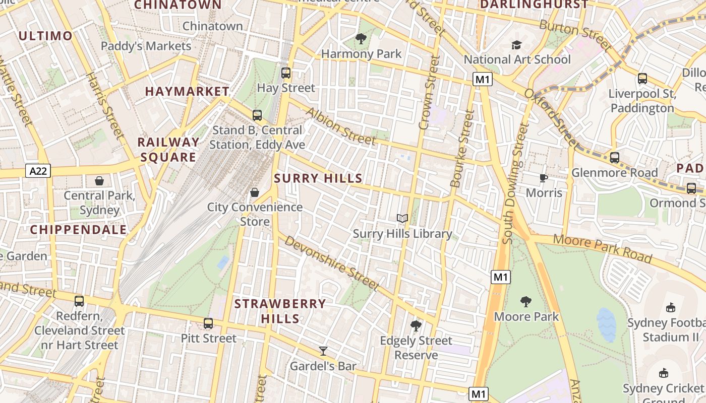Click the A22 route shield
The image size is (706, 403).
coord(38,171)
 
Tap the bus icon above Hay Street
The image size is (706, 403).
coord(286,73)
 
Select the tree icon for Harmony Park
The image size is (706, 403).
coord(361,39)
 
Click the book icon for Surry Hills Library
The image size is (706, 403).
coord(402,218)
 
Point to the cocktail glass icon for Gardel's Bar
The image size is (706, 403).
coord(323,351)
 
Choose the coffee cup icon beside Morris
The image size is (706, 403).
coord(543,178)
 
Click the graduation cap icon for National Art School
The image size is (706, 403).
coord(516,45)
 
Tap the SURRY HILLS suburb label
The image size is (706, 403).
coord(318,178)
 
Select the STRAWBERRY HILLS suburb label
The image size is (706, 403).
coord(280,311)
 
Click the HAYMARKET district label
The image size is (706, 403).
coord(187,91)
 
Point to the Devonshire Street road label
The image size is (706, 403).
coord(331,262)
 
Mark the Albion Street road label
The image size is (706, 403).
coord(341,126)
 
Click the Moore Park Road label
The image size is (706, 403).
coord(602,249)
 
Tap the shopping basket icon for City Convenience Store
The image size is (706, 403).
coord(255,192)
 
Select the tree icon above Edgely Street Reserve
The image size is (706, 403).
coord(416,326)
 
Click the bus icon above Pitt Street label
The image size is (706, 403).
coord(208,323)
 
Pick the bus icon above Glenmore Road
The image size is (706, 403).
coord(614,158)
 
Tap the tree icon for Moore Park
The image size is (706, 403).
coord(526,302)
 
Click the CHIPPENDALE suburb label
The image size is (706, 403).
coord(78,230)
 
